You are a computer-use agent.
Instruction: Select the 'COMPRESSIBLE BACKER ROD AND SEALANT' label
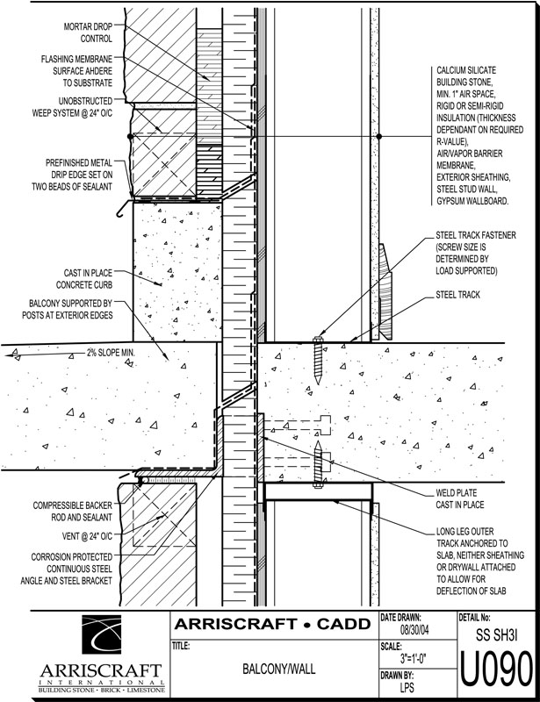tap(72, 512)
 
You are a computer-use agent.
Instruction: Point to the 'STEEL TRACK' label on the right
tap(457, 296)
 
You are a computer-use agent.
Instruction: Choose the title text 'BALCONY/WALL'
tap(274, 669)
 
